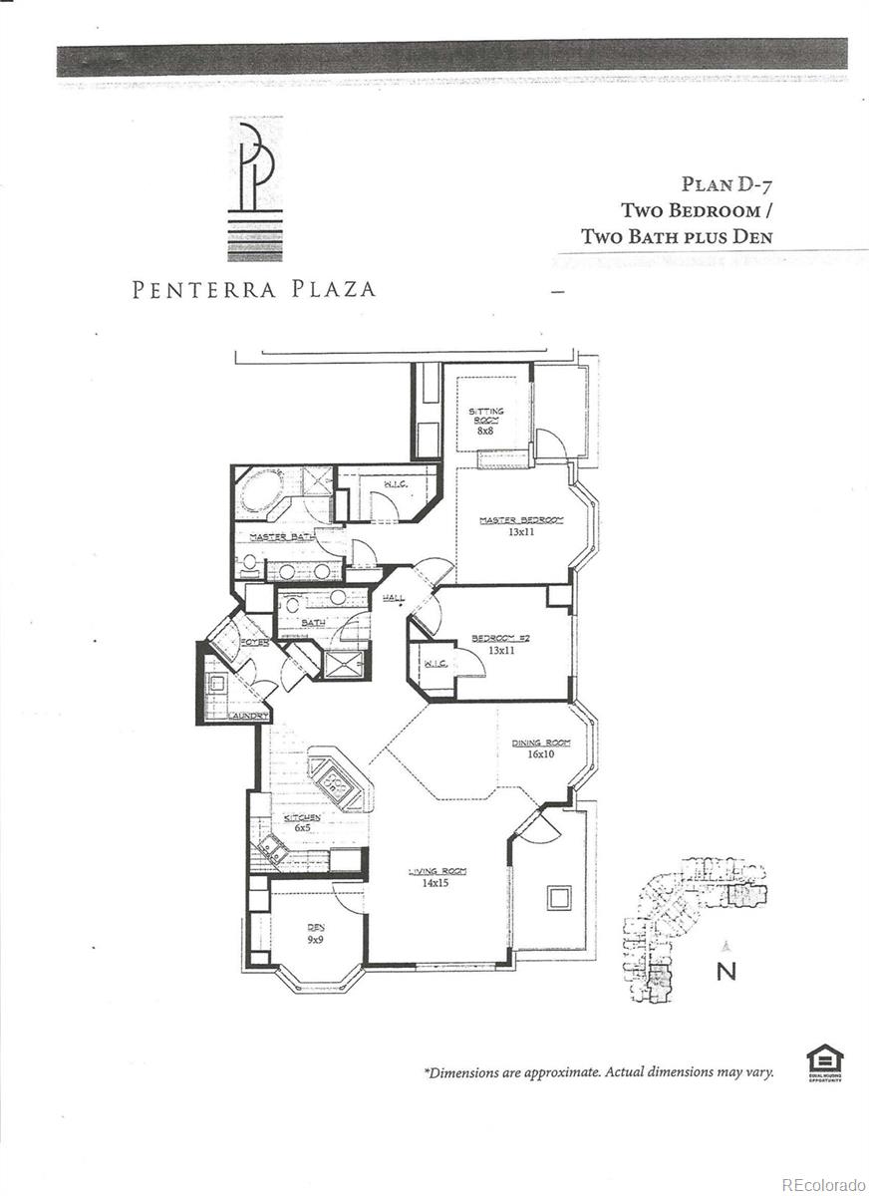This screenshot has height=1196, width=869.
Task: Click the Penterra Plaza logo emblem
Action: click(255, 188)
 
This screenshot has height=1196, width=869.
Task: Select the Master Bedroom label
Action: click(520, 520)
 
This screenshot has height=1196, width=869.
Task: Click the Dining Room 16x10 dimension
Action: click(541, 754)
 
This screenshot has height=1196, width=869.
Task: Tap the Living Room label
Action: click(436, 871)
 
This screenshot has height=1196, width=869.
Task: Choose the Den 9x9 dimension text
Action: click(315, 938)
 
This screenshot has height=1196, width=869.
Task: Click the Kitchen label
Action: click(302, 817)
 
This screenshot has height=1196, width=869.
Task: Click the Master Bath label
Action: click(282, 537)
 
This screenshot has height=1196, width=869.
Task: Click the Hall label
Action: click(393, 598)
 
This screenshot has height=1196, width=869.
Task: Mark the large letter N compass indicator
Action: click(726, 972)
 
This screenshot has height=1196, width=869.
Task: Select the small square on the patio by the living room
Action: click(556, 898)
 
